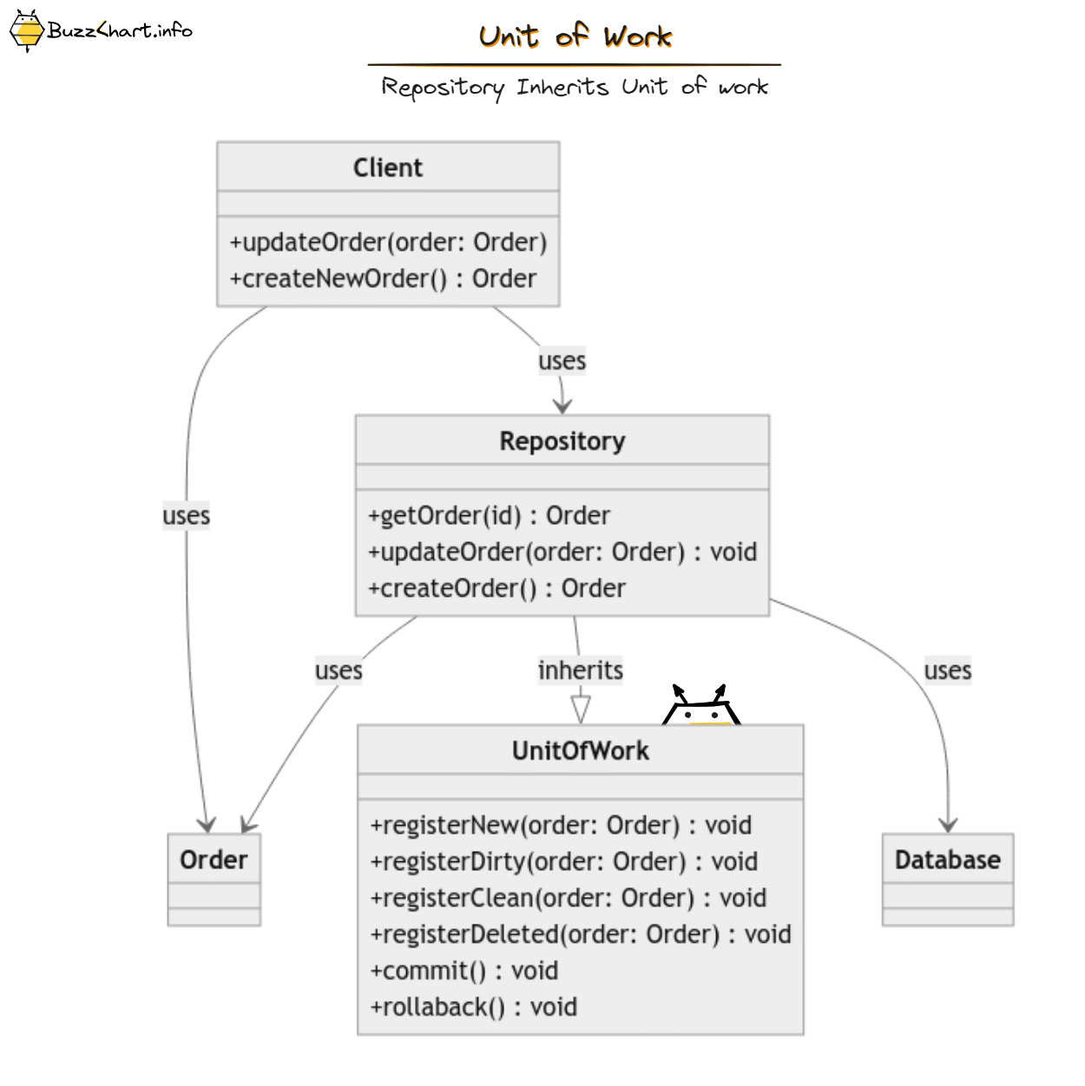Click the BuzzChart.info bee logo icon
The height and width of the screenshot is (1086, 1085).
26,31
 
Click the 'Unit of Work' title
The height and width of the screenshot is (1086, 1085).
575,36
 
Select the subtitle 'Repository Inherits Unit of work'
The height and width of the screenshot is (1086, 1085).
575,87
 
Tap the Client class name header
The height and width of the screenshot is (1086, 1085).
388,167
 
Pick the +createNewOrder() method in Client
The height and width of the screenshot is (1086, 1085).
383,278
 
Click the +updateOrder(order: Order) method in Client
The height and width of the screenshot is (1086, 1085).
388,242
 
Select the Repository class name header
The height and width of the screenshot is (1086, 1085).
562,441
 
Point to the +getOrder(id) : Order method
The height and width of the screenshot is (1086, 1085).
489,515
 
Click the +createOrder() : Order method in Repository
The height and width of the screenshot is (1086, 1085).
496,588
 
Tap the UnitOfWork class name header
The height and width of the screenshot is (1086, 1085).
580,750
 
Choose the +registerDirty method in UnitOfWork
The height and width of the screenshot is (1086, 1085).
564,861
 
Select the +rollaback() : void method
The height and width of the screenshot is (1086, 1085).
474,1007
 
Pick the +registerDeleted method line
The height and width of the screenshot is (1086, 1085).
581,934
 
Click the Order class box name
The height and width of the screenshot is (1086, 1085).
214,860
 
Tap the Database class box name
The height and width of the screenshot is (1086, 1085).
947,860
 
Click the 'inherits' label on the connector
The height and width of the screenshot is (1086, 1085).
580,671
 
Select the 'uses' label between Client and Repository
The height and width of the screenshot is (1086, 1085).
562,361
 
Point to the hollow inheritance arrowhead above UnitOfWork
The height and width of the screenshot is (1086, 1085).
581,709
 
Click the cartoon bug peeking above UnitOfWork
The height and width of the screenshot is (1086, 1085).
700,707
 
